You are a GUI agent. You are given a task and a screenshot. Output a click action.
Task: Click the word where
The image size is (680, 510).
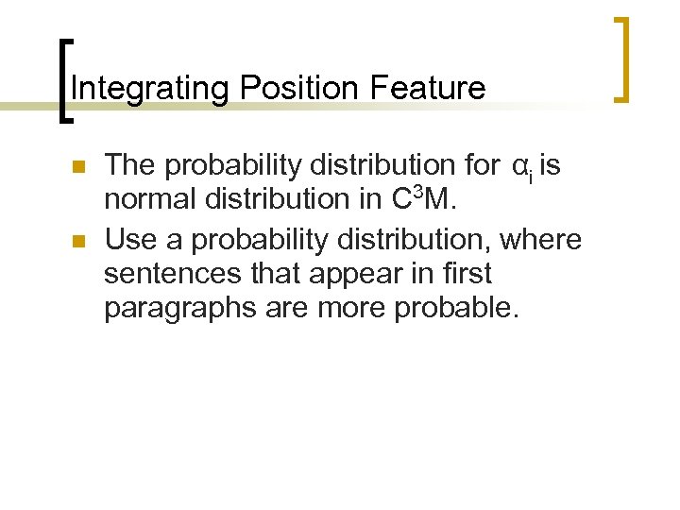coord(541,241)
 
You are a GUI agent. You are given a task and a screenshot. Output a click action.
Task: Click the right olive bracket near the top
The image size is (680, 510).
coord(622,59)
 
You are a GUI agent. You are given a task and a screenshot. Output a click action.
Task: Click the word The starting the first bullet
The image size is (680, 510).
coord(130,166)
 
